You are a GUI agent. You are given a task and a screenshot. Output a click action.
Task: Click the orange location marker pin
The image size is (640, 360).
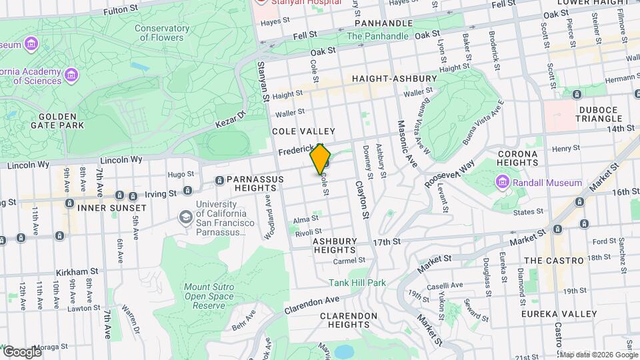click(x=321, y=159)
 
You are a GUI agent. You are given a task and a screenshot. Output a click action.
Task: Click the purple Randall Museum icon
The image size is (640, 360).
click(x=502, y=183)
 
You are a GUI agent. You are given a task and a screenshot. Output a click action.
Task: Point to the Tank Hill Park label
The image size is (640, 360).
click(x=357, y=283)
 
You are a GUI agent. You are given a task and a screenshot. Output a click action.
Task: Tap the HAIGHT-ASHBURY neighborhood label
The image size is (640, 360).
click(x=389, y=79)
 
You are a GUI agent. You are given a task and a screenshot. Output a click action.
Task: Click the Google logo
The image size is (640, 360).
click(x=21, y=352)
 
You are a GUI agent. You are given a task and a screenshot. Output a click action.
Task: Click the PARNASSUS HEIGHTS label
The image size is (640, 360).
click(x=255, y=185)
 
